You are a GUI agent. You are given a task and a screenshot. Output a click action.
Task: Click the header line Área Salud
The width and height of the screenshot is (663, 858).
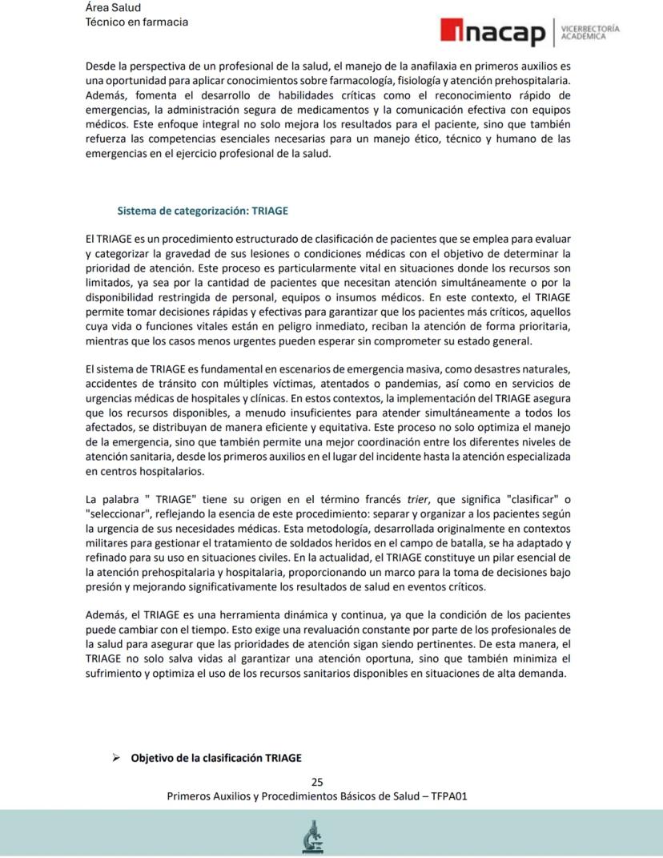pyautogui.click(x=112, y=7)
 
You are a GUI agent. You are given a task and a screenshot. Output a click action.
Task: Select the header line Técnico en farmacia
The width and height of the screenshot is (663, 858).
pyautogui.click(x=136, y=22)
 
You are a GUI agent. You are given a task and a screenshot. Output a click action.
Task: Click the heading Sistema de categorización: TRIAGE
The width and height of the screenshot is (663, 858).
pyautogui.click(x=203, y=211)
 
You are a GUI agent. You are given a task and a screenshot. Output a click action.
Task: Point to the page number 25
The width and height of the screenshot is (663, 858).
pyautogui.click(x=317, y=782)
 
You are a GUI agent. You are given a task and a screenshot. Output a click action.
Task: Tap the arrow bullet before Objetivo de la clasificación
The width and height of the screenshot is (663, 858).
pyautogui.click(x=115, y=757)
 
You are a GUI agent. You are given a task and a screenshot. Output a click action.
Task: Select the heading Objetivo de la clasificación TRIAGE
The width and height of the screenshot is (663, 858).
pyautogui.click(x=216, y=757)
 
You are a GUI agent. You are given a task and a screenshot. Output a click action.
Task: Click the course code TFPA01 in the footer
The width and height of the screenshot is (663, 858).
pyautogui.click(x=449, y=796)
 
